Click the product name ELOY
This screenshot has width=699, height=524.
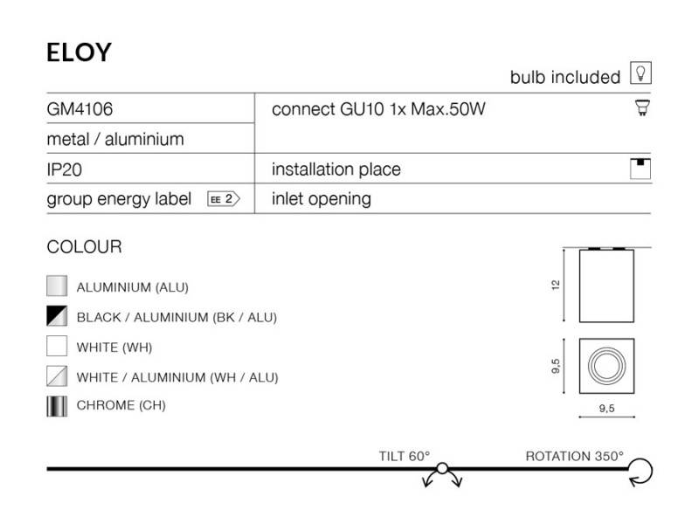click(79, 52)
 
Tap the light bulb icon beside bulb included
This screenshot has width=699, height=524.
click(640, 72)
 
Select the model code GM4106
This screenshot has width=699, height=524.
click(80, 109)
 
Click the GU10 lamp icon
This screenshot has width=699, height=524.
click(642, 107)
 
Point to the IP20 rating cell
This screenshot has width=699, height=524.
click(64, 169)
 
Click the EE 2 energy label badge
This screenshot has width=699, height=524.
click(224, 199)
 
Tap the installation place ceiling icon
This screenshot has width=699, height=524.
click(640, 169)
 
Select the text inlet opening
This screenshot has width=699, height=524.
click(322, 199)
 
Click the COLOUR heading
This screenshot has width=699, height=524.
click(84, 247)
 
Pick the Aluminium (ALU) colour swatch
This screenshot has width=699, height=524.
click(57, 286)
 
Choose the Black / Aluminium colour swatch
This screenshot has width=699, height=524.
click(57, 316)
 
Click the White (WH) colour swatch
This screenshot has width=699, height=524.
click(57, 346)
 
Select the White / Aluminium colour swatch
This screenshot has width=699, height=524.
click(57, 376)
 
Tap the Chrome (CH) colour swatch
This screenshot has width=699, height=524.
click(57, 406)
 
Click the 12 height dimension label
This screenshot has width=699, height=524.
click(556, 286)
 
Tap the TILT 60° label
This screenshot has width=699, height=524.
click(405, 456)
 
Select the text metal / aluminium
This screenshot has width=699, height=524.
click(115, 140)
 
